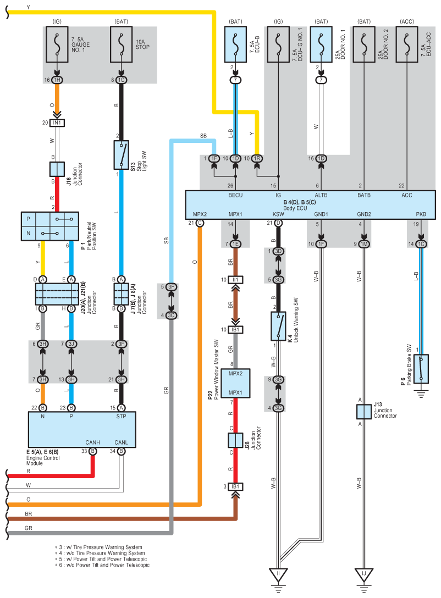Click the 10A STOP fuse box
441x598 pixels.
point(122,44)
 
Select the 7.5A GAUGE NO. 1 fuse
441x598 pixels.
point(57,44)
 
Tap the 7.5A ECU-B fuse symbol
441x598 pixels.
point(235,44)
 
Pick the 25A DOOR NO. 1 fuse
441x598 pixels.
point(321,44)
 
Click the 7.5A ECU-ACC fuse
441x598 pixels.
point(407,44)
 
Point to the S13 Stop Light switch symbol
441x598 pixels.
point(122,155)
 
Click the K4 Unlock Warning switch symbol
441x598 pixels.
point(278,326)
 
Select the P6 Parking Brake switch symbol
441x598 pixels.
point(421,369)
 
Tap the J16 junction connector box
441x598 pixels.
point(57,169)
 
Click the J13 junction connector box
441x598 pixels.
point(364,412)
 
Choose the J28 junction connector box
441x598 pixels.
point(235,440)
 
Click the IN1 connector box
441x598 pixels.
point(57,123)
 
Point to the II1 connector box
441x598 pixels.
point(235,280)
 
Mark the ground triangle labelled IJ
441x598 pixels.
point(364,574)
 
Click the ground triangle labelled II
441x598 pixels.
point(278,574)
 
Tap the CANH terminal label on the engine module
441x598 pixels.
point(93,442)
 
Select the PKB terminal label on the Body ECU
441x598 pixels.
point(421,214)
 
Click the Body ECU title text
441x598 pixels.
point(295,208)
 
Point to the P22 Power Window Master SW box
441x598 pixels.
point(235,383)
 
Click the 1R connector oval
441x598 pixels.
point(257,158)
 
